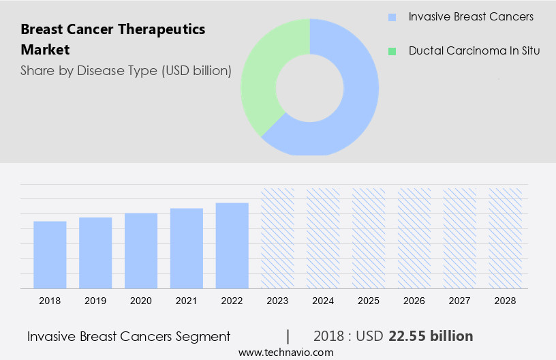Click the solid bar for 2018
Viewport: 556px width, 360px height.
(50, 254)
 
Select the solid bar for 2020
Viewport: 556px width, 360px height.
(141, 250)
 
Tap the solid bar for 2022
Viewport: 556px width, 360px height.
(232, 245)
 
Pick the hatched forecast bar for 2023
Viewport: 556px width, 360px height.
(277, 238)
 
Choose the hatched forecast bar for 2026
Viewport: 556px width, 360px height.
(414, 238)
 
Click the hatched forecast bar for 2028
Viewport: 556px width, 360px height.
(505, 238)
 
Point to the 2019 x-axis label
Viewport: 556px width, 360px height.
(95, 301)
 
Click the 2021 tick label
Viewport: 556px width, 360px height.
(187, 301)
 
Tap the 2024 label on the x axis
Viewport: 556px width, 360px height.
(323, 301)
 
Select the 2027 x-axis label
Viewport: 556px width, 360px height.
(460, 301)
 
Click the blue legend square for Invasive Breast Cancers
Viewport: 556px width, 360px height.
(392, 17)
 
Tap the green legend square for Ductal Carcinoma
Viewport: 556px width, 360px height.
(392, 51)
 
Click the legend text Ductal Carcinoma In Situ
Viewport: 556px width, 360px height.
(474, 51)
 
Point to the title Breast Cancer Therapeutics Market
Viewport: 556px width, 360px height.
(112, 40)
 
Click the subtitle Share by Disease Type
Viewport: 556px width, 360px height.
(126, 70)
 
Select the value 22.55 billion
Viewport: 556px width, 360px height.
(430, 336)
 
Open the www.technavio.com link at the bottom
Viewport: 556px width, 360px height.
(285, 352)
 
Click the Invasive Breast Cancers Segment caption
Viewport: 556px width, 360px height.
(129, 336)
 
